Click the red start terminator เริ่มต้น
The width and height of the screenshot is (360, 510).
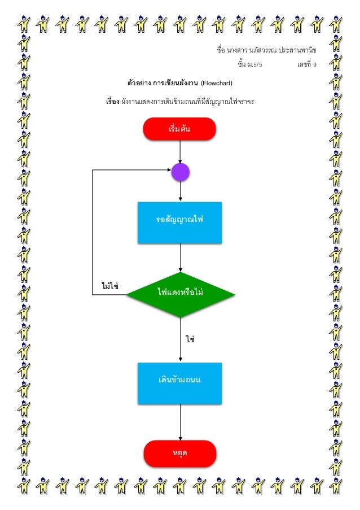(179, 129)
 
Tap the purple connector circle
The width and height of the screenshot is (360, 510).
(180, 172)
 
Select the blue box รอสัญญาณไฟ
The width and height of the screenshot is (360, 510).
(179, 222)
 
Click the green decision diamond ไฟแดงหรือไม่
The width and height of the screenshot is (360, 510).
(180, 294)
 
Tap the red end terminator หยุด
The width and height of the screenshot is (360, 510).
(180, 453)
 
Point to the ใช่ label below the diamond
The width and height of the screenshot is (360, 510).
(190, 339)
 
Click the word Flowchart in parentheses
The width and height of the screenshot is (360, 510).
(217, 84)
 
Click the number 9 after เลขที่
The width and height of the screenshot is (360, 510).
(314, 65)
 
